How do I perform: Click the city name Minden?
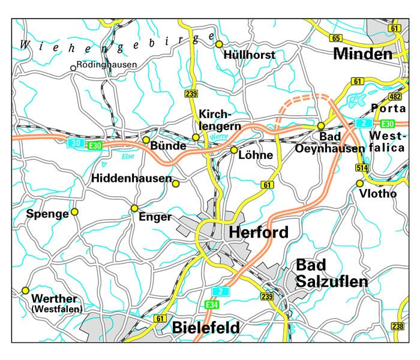pos(362,55)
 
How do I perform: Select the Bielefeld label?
pos(206,328)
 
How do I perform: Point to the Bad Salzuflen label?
pos(332,273)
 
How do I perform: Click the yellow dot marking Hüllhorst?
pos(219,44)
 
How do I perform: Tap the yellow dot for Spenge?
pos(75,212)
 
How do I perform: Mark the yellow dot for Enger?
pos(134,208)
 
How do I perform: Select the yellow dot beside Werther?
pos(25,290)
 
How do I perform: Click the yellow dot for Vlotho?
pos(360,183)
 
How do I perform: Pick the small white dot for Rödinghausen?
pos(73,68)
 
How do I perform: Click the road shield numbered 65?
pos(335,38)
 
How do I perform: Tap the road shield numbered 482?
pos(395,97)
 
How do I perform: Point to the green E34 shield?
pos(211,305)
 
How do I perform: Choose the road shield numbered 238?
pos(397,326)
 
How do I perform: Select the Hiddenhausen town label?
pos(131,179)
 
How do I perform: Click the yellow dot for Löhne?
pos(234,149)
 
